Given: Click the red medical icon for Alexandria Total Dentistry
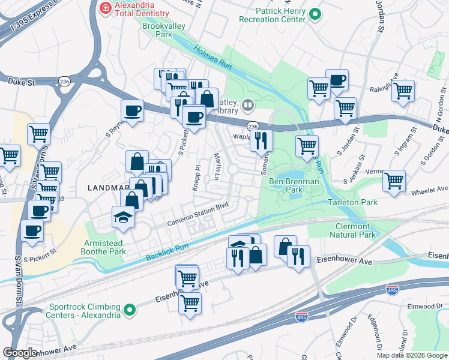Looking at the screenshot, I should point(104,8).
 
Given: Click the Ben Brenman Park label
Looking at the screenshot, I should point(294,184).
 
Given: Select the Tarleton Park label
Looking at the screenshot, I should point(352,202).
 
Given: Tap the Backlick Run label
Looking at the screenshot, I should point(167,253).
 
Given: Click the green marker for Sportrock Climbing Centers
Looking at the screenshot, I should point(129,310).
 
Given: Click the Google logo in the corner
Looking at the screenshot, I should point(20,352).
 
